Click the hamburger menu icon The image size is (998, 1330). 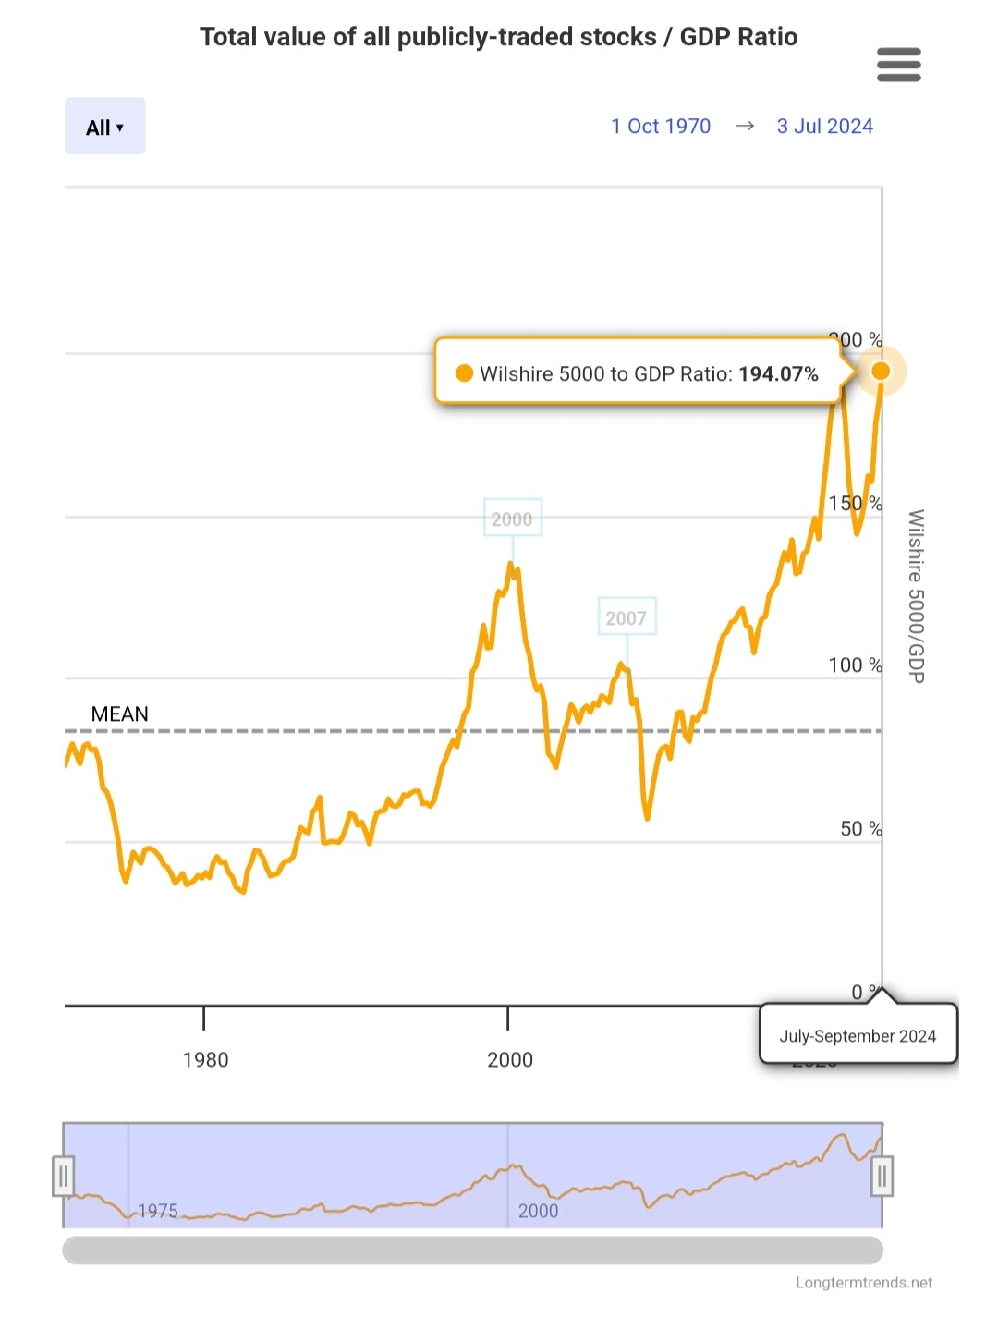click(x=898, y=65)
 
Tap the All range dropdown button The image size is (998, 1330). click(x=104, y=127)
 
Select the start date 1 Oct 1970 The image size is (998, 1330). click(x=661, y=127)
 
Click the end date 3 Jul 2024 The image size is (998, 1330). click(x=824, y=127)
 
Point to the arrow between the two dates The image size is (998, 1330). click(x=745, y=127)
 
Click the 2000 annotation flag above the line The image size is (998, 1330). click(x=512, y=519)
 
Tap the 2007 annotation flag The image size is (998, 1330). click(x=627, y=617)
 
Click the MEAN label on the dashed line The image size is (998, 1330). click(x=119, y=714)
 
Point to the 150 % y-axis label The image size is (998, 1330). click(x=855, y=504)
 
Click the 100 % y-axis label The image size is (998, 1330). click(x=855, y=665)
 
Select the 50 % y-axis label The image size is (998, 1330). click(x=860, y=829)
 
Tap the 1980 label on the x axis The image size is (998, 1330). click(x=205, y=1060)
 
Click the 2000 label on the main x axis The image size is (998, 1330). click(x=510, y=1060)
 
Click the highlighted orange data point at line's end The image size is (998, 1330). click(x=881, y=371)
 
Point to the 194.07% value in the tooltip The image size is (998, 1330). click(x=778, y=374)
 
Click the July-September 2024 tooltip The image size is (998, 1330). click(x=858, y=1036)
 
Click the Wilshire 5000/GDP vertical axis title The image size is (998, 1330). click(x=916, y=596)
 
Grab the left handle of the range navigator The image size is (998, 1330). click(x=63, y=1177)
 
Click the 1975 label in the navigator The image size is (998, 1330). click(x=158, y=1211)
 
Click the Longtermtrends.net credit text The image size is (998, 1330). click(x=864, y=1283)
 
